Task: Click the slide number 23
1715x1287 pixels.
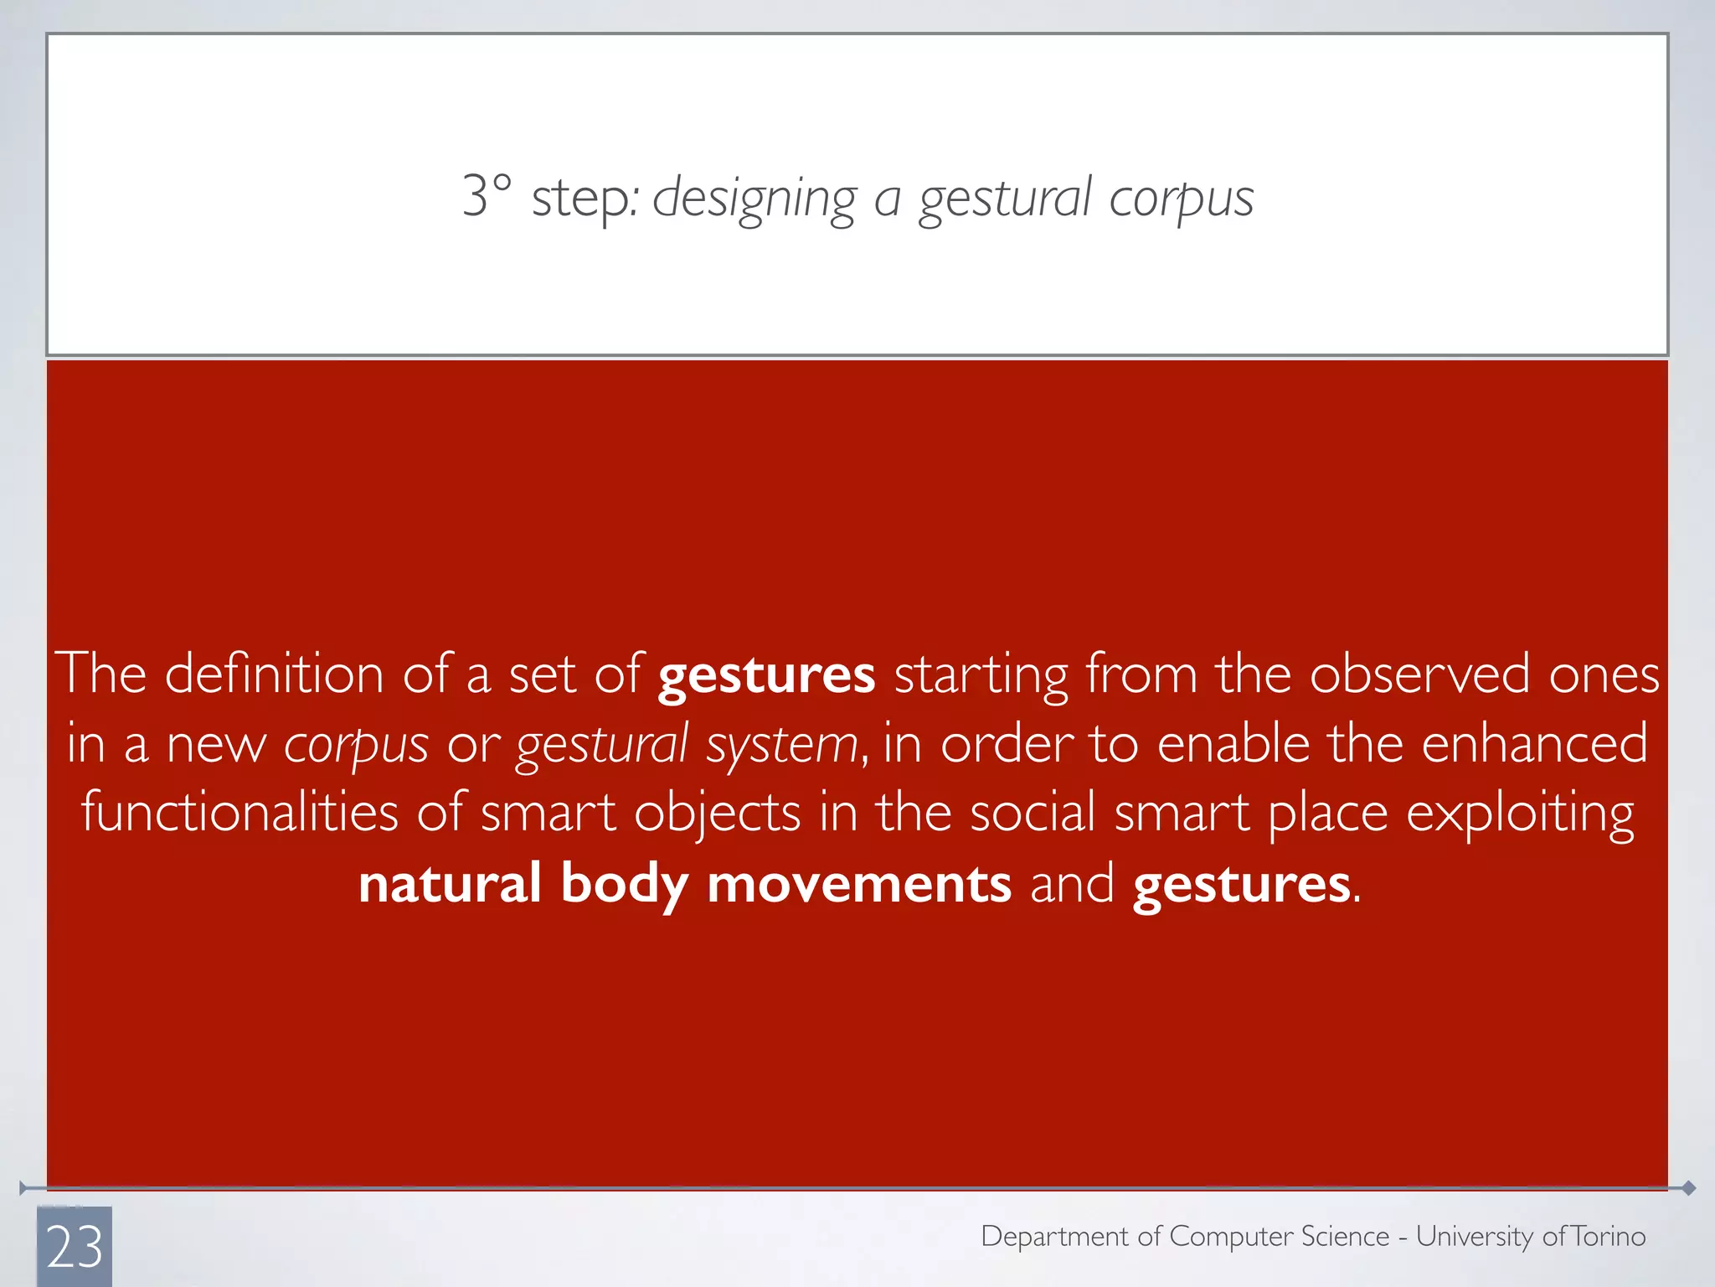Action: click(x=75, y=1247)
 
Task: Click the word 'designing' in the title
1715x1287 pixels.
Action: click(x=754, y=199)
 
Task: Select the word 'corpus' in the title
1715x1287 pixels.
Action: click(x=1181, y=199)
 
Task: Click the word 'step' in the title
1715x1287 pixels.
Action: click(x=583, y=199)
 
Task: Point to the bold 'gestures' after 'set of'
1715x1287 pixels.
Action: click(x=766, y=675)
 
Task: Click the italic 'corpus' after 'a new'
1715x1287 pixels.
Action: click(x=356, y=745)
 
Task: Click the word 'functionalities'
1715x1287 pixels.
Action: click(x=239, y=812)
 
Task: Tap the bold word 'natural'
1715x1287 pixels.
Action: click(x=450, y=883)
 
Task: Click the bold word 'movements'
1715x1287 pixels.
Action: click(x=858, y=883)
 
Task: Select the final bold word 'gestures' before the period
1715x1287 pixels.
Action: click(x=1241, y=885)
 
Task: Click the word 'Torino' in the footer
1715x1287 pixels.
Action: click(x=1608, y=1236)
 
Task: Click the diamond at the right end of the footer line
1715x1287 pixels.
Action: click(x=1688, y=1187)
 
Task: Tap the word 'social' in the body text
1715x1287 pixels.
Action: click(x=1032, y=812)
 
